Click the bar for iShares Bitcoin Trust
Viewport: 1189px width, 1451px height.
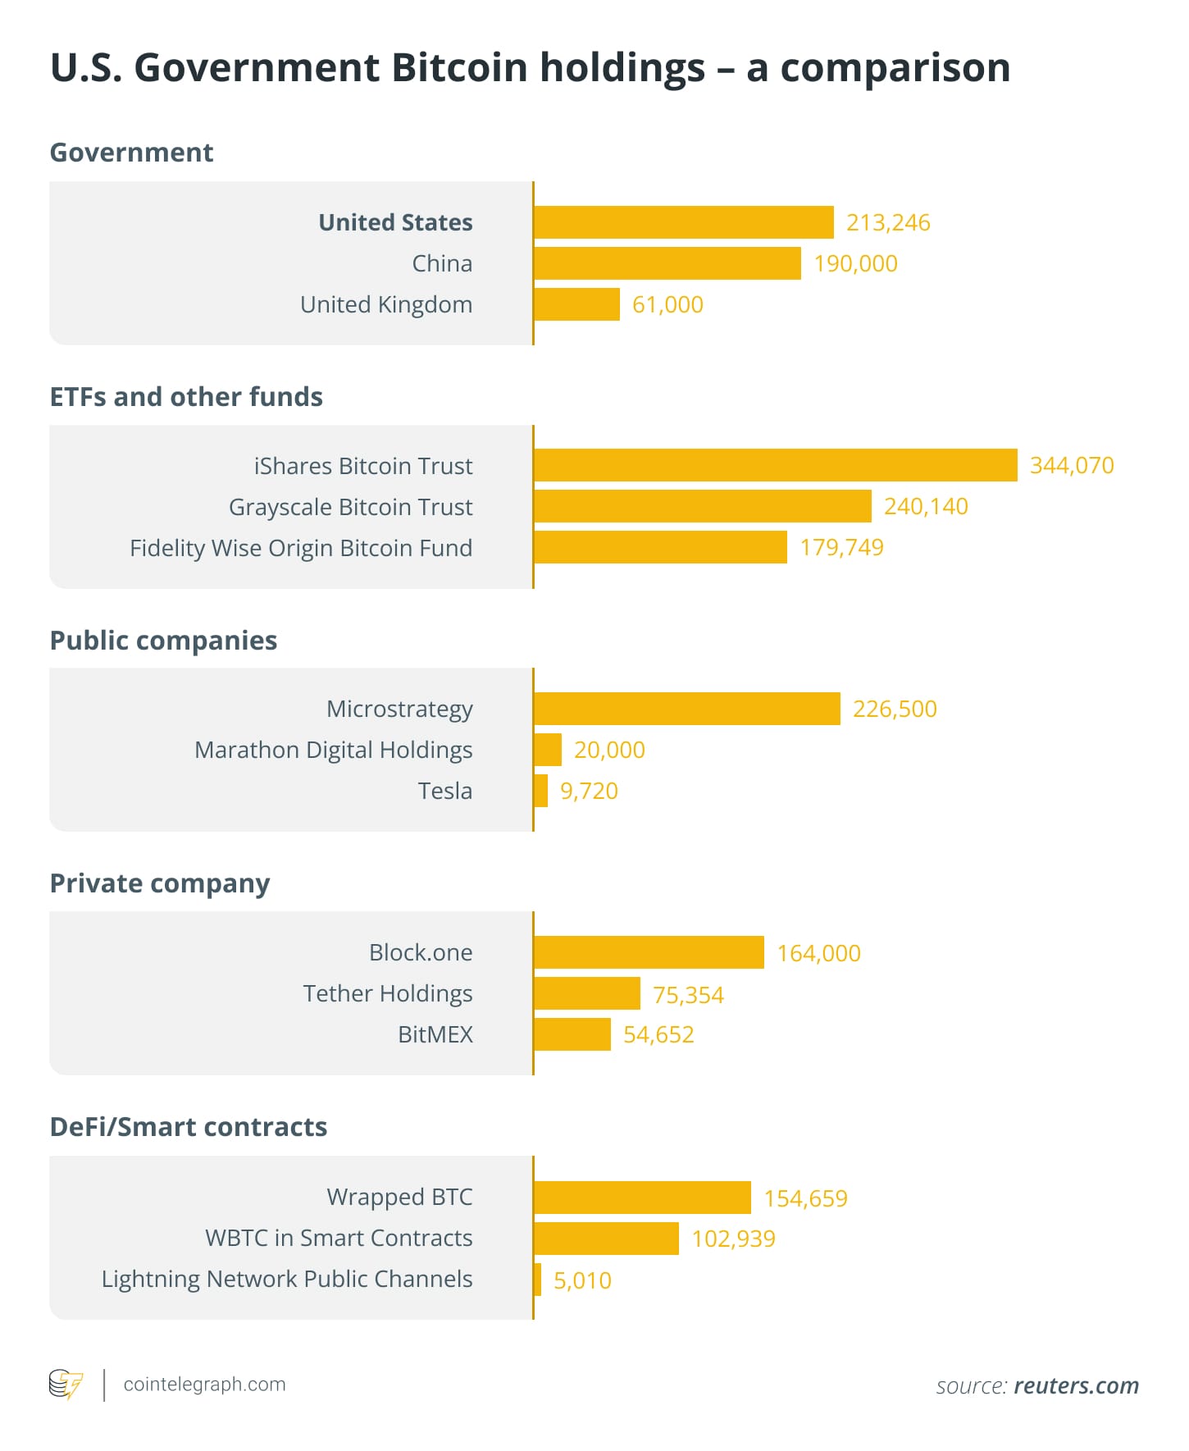[775, 465]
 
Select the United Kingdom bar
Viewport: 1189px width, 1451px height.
[576, 304]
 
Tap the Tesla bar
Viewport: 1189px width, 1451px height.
[540, 791]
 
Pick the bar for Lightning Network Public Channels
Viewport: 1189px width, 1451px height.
[538, 1280]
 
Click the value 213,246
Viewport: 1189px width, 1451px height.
[888, 222]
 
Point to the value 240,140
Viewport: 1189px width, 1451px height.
[926, 506]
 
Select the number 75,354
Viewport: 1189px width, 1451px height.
[688, 994]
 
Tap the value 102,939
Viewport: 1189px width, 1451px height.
[733, 1239]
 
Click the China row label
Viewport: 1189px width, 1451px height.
[442, 263]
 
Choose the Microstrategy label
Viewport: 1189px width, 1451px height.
[399, 709]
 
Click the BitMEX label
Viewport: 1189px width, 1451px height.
[435, 1034]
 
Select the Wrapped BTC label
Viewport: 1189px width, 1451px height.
[399, 1197]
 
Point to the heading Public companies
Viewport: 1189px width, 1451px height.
[163, 640]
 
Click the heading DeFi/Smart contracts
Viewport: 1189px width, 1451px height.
[188, 1126]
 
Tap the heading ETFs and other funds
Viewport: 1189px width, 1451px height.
[186, 396]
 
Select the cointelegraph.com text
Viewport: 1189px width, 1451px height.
[204, 1384]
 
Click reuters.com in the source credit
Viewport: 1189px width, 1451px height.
[1076, 1385]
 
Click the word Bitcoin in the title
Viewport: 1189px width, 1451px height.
[459, 67]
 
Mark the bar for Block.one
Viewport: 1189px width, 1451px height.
[649, 952]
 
